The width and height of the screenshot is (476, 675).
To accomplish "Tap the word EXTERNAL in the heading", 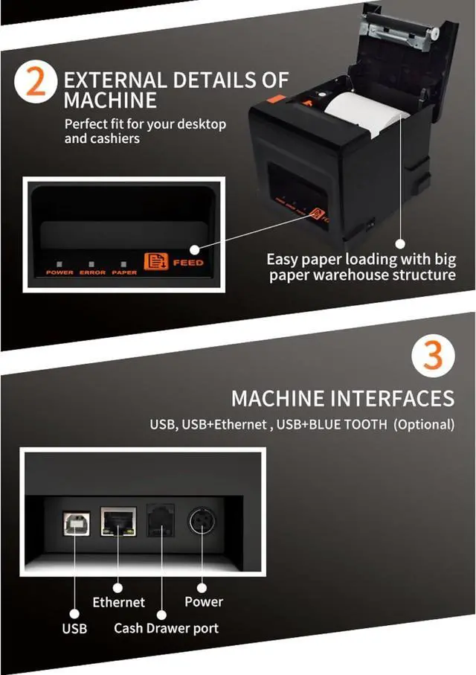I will point(112,80).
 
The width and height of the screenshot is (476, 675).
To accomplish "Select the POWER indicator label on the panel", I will point(59,272).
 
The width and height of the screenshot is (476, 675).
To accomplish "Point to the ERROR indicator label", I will point(93,272).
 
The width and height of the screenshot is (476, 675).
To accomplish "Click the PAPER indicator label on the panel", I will point(124,272).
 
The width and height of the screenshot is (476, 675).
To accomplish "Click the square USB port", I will point(75,521).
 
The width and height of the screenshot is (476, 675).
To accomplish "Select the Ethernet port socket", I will point(118,521).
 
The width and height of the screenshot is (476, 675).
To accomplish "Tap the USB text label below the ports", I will point(74,628).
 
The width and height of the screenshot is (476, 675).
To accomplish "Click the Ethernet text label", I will point(118,601).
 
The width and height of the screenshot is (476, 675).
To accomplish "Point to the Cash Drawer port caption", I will point(166,628).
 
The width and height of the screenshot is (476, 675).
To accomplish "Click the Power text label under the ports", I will point(203,601).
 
